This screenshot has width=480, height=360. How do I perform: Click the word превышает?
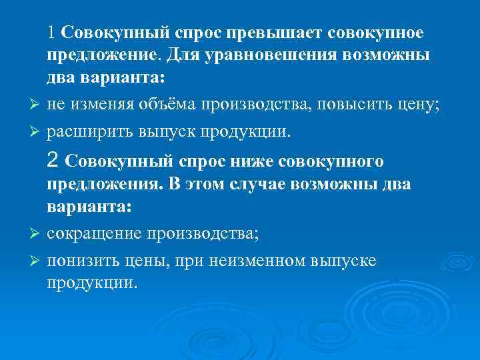click(x=273, y=32)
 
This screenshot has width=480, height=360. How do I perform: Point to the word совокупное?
click(x=381, y=32)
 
